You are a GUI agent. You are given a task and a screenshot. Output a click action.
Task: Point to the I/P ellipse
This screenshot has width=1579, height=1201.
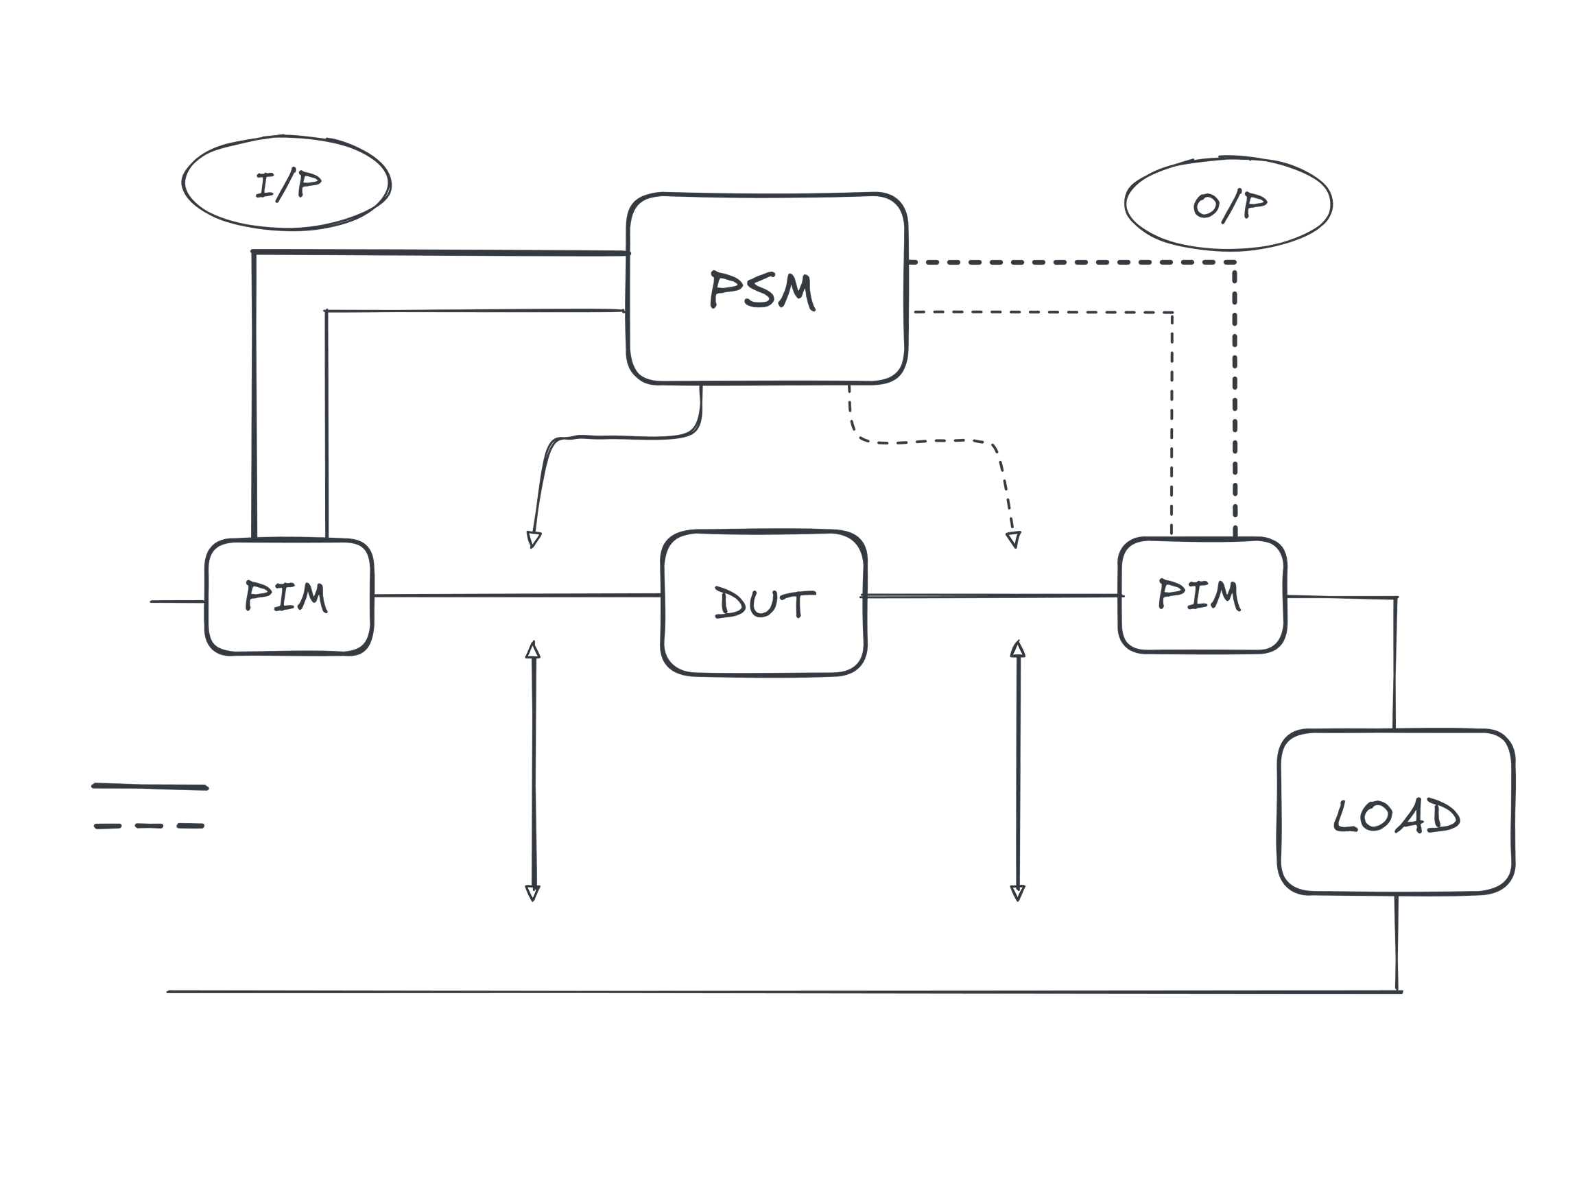pos(287,184)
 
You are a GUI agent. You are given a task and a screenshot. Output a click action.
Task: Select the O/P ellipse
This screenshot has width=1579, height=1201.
pos(1228,204)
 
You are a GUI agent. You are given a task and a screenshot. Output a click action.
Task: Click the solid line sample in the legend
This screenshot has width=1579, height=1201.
pos(150,787)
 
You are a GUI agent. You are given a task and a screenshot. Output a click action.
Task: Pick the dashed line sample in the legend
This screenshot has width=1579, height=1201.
pos(150,826)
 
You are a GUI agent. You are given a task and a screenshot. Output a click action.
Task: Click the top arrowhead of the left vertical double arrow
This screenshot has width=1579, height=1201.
pos(532,649)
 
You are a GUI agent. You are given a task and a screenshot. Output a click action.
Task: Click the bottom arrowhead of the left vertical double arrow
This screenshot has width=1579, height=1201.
pos(532,892)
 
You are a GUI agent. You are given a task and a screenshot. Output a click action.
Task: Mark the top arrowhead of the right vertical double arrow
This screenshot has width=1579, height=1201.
pos(1019,648)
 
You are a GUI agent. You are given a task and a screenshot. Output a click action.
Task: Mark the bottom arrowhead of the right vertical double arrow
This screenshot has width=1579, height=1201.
pos(1018,892)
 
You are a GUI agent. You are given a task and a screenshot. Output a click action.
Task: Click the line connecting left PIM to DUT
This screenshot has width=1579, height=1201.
pos(514,595)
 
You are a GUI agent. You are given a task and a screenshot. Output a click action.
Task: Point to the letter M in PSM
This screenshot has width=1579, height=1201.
pos(795,292)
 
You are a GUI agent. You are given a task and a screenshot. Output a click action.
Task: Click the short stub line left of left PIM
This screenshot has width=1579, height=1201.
pos(177,602)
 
